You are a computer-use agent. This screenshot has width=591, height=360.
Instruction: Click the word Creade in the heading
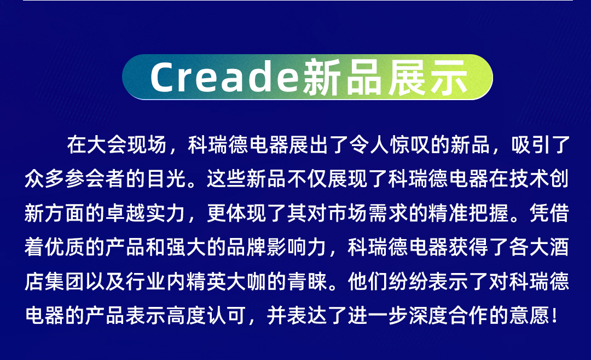click(225, 77)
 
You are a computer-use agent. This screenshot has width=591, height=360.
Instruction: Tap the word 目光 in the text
click(167, 179)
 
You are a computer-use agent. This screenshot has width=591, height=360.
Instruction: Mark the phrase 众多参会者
click(75, 179)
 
